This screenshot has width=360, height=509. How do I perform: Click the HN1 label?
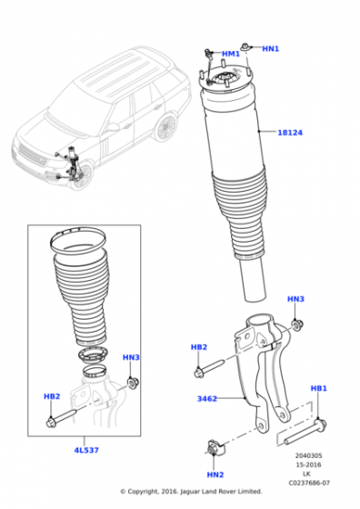point(271,48)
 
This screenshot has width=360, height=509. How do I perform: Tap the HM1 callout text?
point(232,55)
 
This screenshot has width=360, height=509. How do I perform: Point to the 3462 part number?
point(207,398)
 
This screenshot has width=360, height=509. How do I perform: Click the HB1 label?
point(318,388)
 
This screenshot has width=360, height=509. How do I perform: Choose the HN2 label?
point(215,474)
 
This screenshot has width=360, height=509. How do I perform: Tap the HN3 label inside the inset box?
point(131,358)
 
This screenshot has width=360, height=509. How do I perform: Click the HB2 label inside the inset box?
point(52,396)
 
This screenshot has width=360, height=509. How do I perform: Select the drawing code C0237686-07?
point(310,484)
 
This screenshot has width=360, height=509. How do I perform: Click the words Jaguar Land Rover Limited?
point(217,492)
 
